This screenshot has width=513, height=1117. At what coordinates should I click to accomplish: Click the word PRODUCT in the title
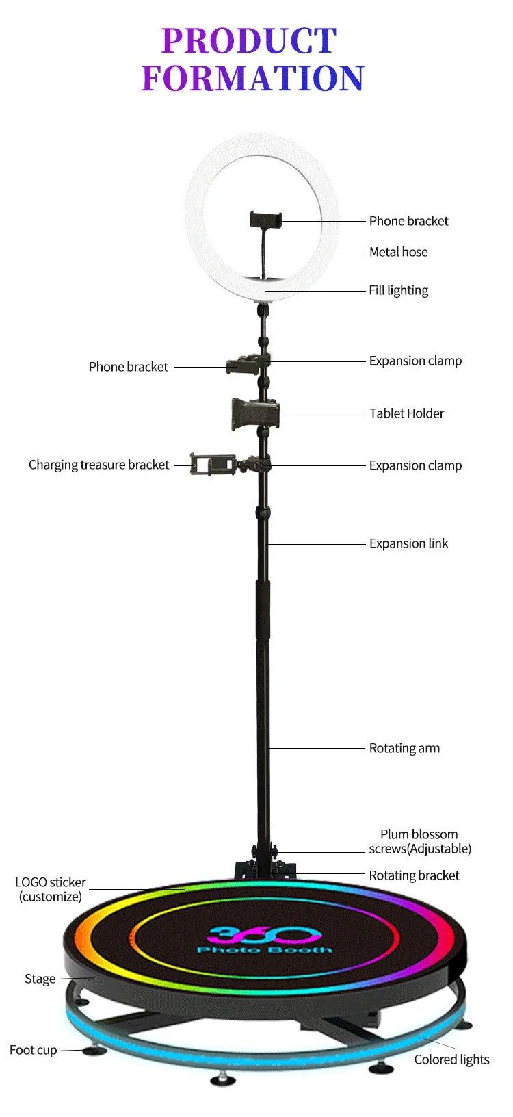tap(249, 41)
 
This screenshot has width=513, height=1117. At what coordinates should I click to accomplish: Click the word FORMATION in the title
tap(253, 78)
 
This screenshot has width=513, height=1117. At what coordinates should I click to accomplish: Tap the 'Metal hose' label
tap(398, 252)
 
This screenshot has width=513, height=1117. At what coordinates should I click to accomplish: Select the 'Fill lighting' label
tap(398, 290)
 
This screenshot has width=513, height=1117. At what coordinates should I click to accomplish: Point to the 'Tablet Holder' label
tap(406, 413)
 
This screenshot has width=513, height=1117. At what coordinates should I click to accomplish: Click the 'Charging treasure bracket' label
tap(98, 465)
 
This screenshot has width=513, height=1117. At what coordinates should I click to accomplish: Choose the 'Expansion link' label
tap(408, 543)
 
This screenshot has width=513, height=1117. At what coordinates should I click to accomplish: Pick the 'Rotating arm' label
tap(404, 748)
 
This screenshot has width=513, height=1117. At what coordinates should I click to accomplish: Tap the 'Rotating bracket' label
tap(414, 875)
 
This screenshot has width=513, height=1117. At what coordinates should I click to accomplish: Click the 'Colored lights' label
tap(451, 1060)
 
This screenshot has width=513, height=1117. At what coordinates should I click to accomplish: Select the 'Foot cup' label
tap(33, 1050)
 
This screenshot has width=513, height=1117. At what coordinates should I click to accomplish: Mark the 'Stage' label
tap(40, 979)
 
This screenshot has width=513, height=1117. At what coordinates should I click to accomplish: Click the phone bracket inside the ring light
tap(265, 220)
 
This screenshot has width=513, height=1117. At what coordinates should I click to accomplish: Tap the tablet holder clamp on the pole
tap(254, 413)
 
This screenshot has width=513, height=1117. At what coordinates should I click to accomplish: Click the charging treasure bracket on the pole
tap(212, 464)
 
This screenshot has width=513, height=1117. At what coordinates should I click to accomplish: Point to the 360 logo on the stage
tap(263, 934)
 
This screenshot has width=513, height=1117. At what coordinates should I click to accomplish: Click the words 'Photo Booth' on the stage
tap(264, 950)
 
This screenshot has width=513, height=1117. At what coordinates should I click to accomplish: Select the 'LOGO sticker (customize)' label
tap(51, 889)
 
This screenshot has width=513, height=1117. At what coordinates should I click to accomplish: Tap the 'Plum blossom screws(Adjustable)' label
tap(419, 841)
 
